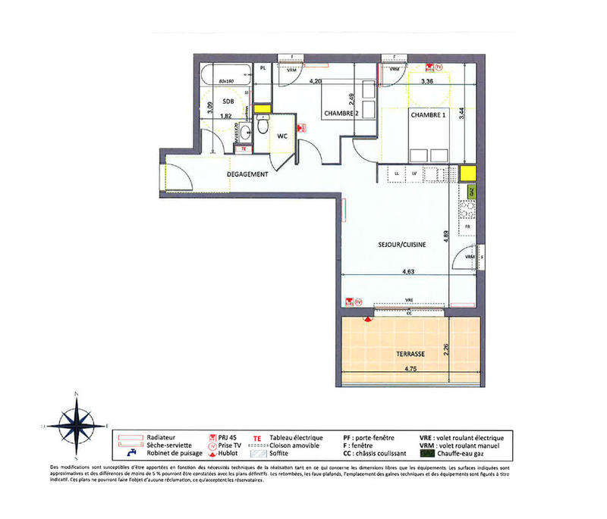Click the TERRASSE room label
pos(410,354)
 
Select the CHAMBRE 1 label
pos(429,114)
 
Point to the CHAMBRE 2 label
pos(341,114)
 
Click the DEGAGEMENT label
pos(248,174)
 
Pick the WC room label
pos(281,137)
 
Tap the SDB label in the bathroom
pos(228,101)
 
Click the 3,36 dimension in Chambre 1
pos(427,81)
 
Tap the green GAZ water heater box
pos(470,192)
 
